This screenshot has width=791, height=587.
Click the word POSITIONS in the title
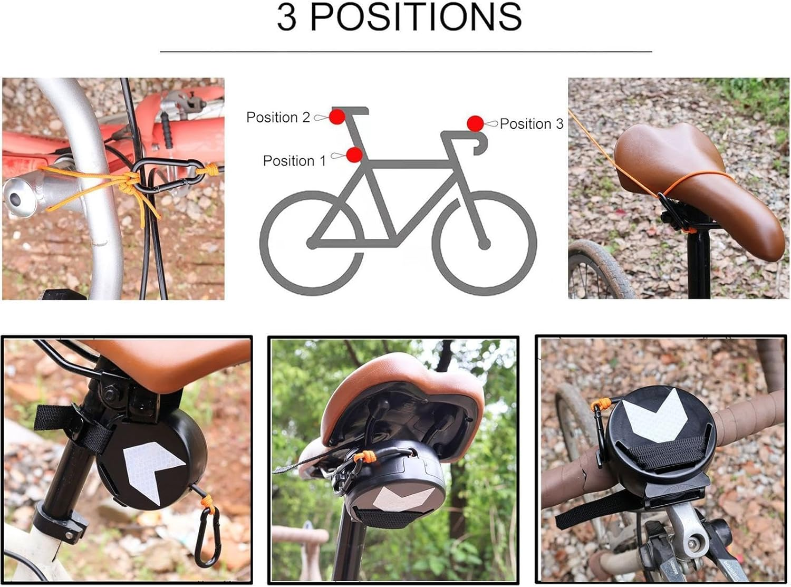coord(416,17)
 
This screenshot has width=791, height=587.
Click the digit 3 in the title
coord(286,17)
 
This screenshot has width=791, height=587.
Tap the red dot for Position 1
coord(354,155)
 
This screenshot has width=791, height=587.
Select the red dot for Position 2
coord(337,117)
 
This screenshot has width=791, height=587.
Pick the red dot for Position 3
coord(475,123)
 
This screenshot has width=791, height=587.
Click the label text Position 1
coord(294,161)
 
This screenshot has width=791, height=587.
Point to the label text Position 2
coord(278,117)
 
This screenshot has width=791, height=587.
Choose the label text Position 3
coord(531,124)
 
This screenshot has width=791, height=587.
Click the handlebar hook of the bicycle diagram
coord(479,143)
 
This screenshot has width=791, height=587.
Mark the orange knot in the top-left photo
coord(126,182)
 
